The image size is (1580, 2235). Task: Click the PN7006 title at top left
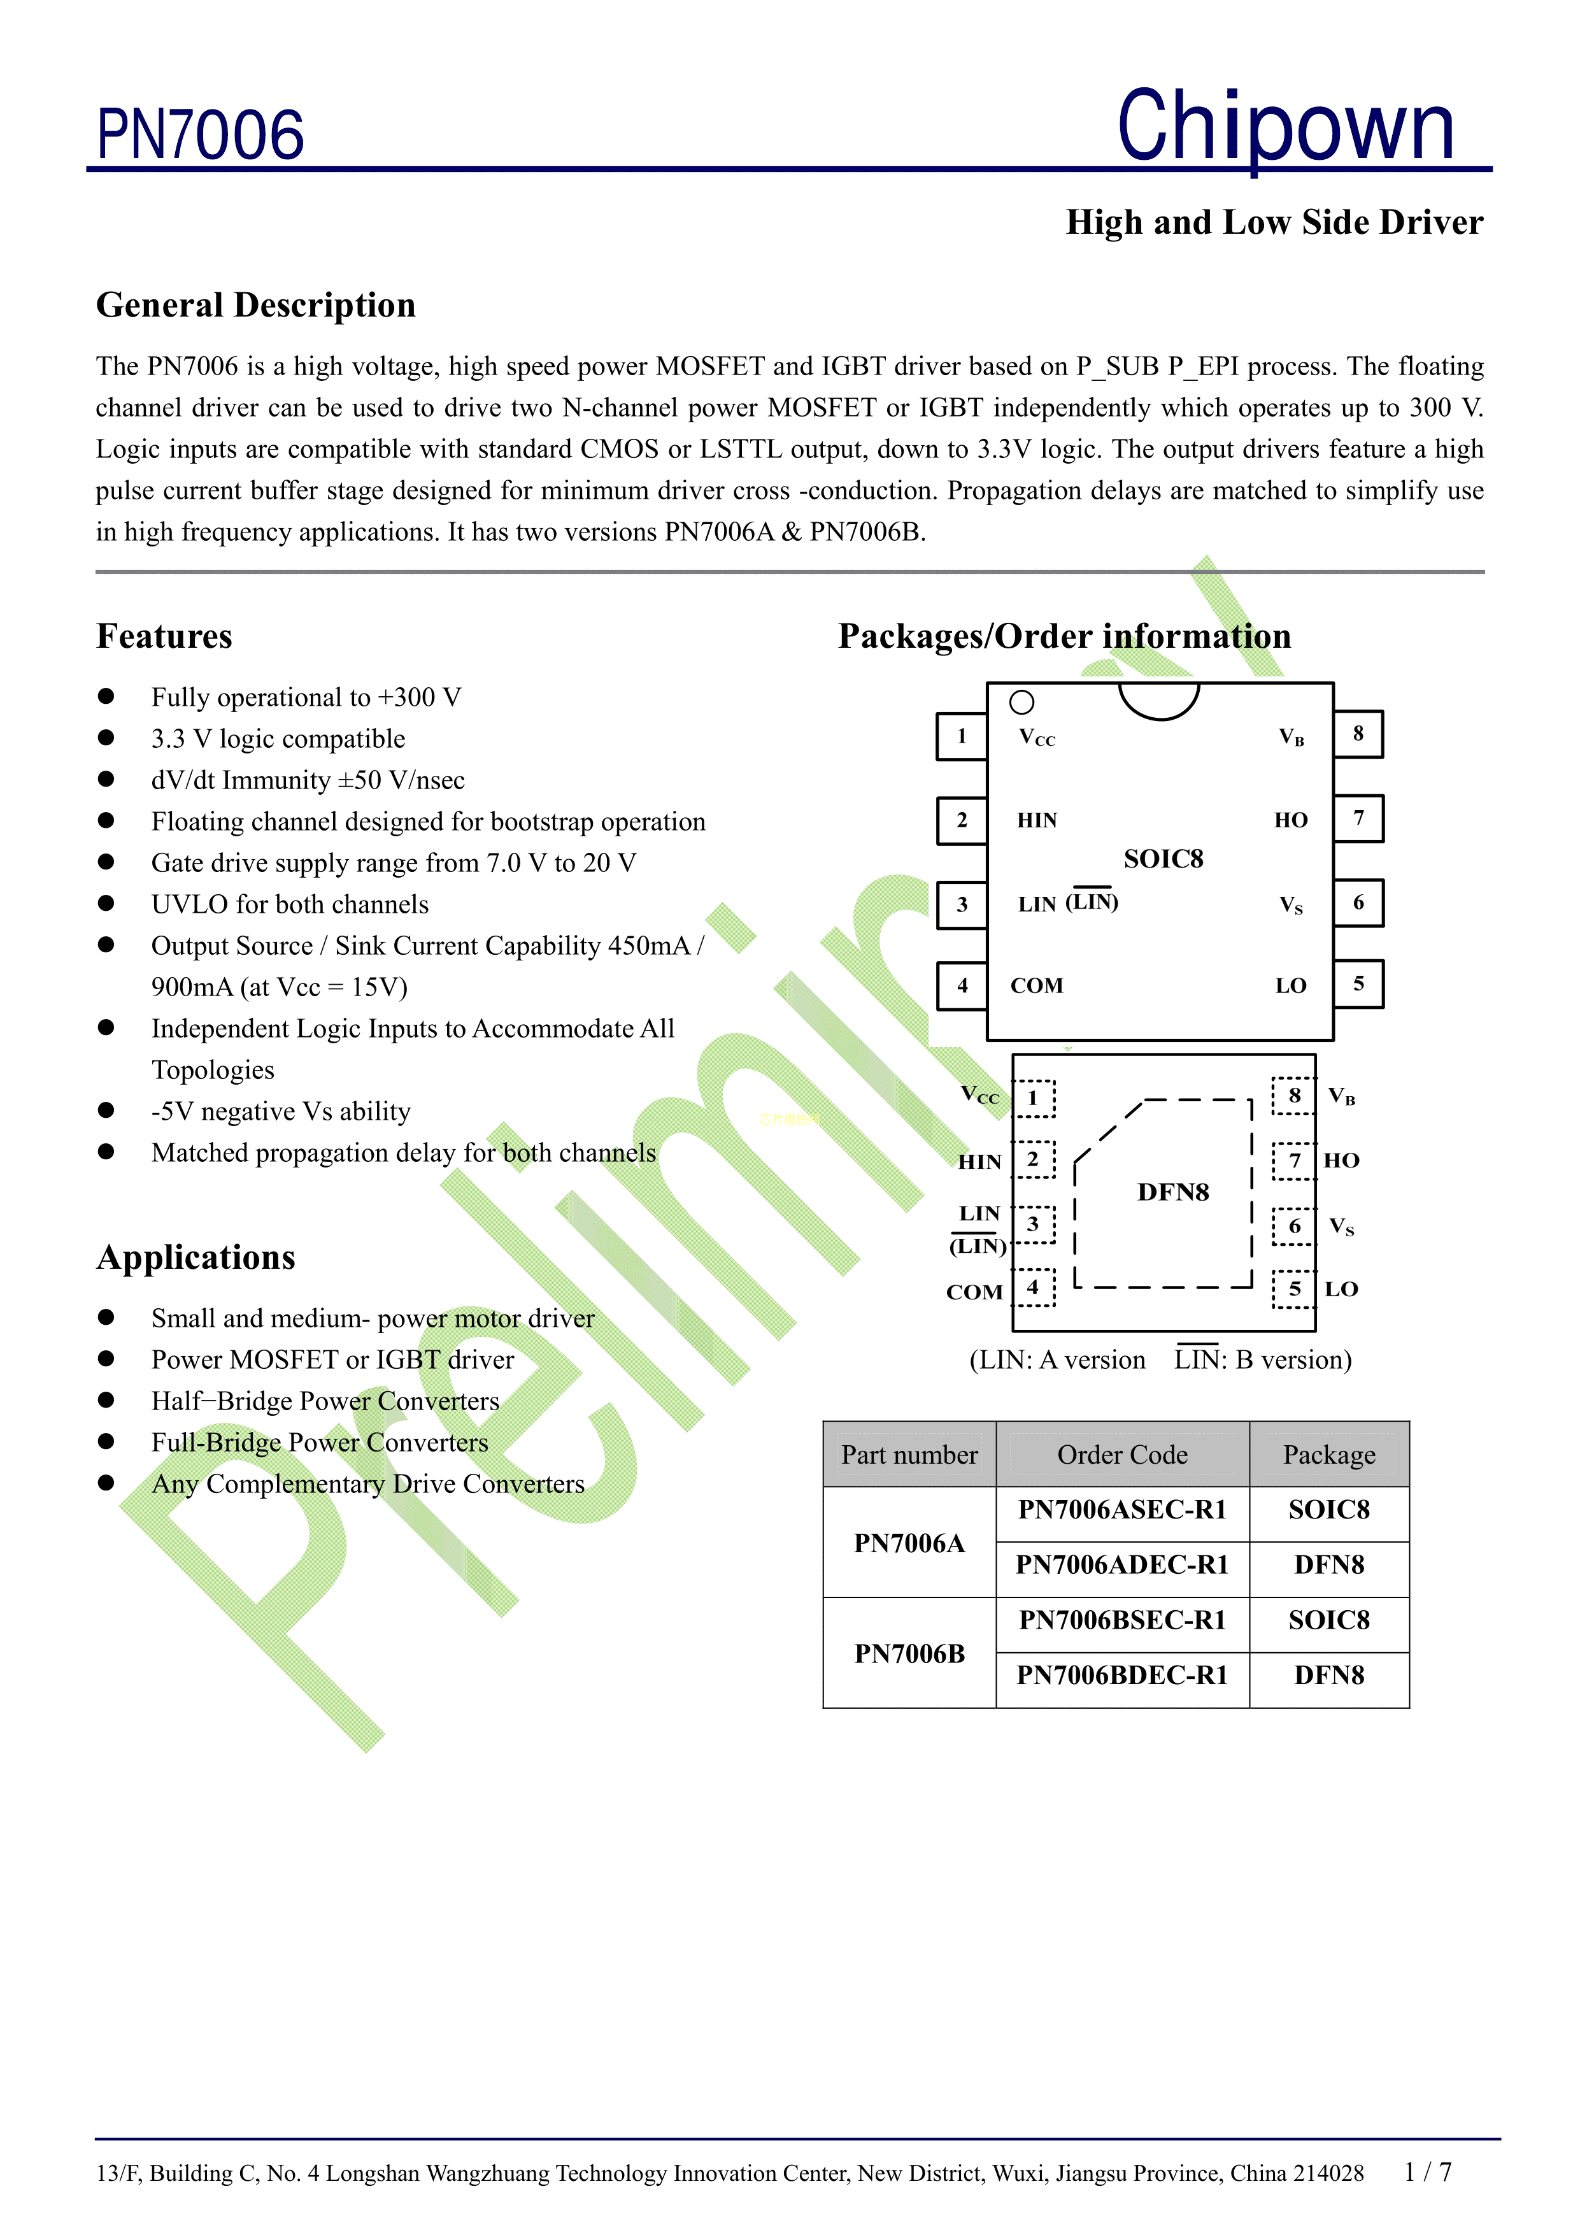(201, 134)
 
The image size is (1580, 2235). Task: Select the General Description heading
(256, 304)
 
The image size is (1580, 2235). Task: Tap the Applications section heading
(196, 1257)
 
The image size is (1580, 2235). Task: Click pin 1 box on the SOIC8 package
(962, 736)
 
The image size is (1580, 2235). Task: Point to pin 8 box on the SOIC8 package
(1358, 734)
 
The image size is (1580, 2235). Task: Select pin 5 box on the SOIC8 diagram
(1358, 984)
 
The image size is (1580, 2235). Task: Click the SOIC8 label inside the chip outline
(1164, 859)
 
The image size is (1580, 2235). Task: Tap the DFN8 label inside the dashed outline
(1173, 1192)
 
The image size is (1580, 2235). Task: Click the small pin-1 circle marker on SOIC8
(1021, 702)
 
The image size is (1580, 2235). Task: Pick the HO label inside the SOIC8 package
(1291, 820)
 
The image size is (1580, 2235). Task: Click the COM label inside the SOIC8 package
(1037, 986)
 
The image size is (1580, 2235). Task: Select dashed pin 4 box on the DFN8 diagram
(1034, 1287)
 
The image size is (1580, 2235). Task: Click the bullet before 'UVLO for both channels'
(106, 903)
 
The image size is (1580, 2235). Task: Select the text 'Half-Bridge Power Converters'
(325, 1401)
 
